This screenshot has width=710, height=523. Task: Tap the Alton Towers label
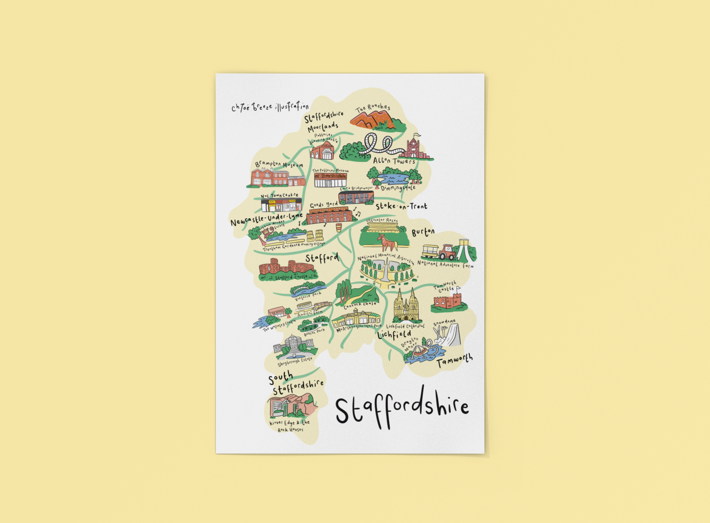point(394,161)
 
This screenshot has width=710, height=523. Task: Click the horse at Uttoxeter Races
point(387,242)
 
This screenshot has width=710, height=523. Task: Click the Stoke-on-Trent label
point(401,206)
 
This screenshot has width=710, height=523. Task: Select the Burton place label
point(423,232)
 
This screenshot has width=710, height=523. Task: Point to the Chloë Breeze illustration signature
point(270,107)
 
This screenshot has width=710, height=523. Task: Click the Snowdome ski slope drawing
point(451,336)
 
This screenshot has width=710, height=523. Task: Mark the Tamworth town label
point(454,360)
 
